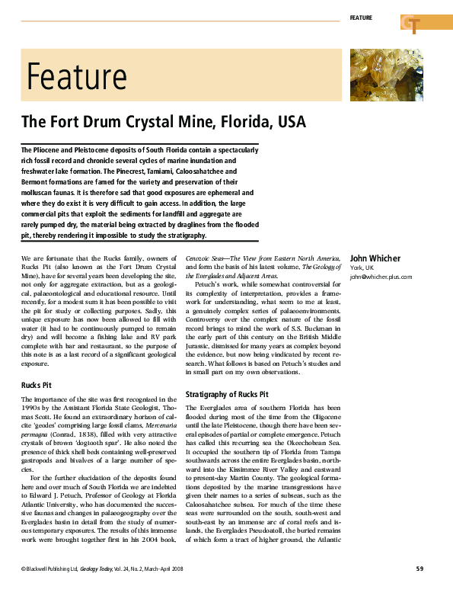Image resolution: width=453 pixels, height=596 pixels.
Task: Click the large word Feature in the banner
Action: [76, 76]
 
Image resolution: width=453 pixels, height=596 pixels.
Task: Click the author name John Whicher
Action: [375, 258]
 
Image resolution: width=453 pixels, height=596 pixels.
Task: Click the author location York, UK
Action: [362, 268]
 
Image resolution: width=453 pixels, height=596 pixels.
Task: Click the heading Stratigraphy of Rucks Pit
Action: [227, 394]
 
